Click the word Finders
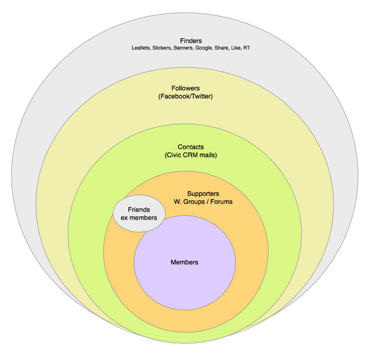tap(191, 41)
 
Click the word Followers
tap(185, 88)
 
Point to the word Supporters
tap(203, 193)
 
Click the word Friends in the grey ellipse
tap(139, 210)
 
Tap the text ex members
tap(139, 219)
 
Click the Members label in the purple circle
tap(184, 262)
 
